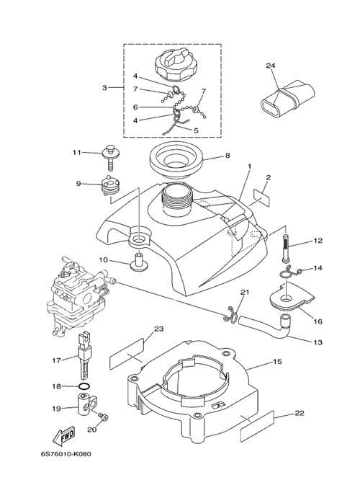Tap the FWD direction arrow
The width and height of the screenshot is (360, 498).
(x=64, y=435)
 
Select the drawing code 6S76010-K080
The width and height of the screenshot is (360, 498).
(x=66, y=453)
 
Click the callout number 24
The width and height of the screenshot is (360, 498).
(x=271, y=66)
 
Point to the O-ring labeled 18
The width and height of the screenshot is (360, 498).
(x=84, y=387)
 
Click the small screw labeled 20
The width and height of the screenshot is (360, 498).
(x=104, y=416)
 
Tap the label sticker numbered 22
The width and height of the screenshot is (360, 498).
(x=257, y=426)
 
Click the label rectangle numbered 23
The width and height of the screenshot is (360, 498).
(x=127, y=354)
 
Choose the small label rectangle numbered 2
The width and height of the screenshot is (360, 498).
(x=261, y=198)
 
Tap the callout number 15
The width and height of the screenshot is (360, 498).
(x=277, y=362)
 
